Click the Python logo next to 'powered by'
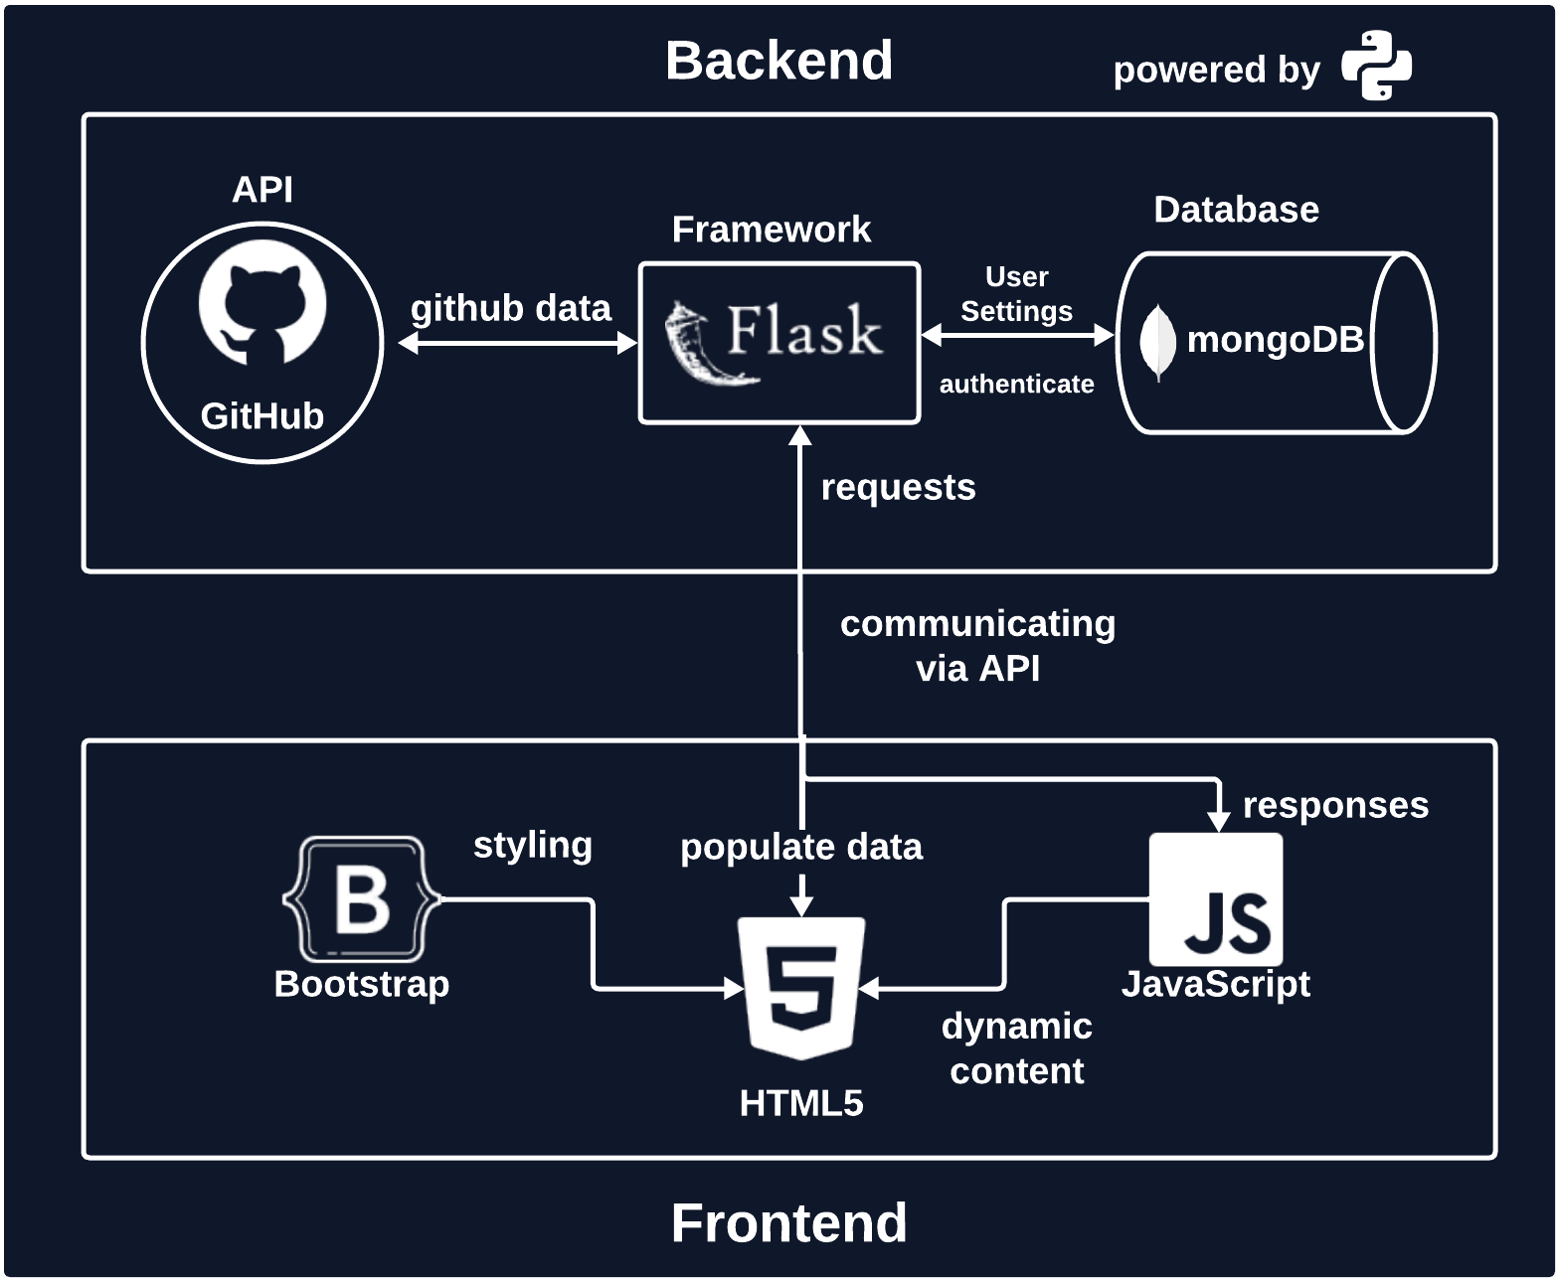(1376, 65)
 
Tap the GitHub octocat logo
(262, 302)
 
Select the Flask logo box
(778, 343)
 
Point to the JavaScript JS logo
(1216, 898)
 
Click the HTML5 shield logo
(801, 988)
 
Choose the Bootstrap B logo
(362, 898)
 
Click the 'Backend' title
(778, 61)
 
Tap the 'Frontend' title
(788, 1222)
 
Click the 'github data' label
(511, 308)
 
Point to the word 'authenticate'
(1016, 384)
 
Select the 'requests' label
(899, 488)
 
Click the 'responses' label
(1335, 806)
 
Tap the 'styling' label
(532, 846)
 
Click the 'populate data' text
(801, 848)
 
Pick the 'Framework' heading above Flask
(772, 230)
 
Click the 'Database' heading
(1237, 210)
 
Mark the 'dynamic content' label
(1016, 1048)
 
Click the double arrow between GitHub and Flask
(517, 343)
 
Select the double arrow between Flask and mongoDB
(1017, 336)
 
